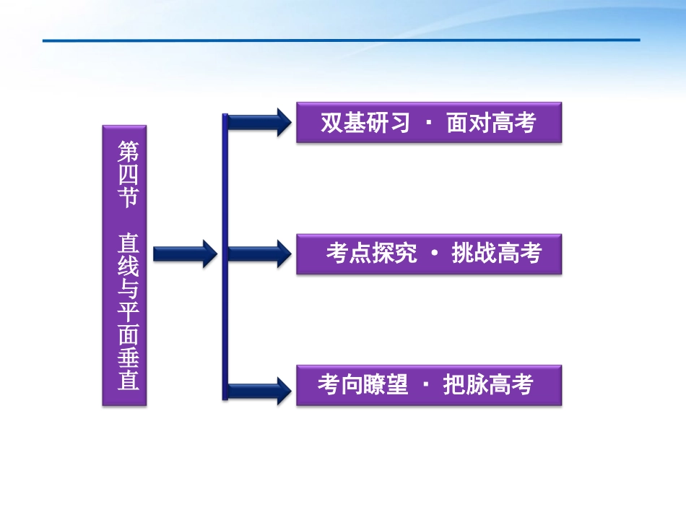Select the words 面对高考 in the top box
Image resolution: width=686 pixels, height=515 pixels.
point(491,123)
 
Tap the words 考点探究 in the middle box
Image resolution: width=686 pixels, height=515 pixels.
point(371,254)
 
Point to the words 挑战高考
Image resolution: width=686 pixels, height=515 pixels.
point(496,254)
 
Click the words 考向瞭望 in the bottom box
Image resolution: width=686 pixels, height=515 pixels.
point(362,385)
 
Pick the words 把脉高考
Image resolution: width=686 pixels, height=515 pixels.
point(488,385)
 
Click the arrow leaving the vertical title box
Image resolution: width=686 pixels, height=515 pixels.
point(185,253)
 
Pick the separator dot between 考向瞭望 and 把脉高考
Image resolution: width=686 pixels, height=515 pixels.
point(426,385)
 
